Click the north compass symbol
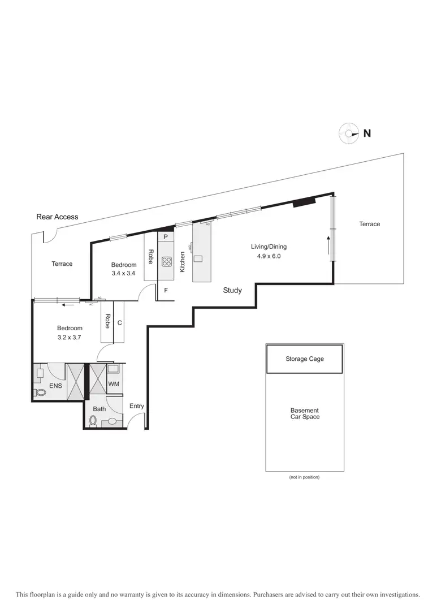[349, 133]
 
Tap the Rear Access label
[57, 217]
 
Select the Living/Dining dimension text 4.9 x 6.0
[269, 256]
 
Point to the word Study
[232, 290]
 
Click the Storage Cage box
[304, 359]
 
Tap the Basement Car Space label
[305, 414]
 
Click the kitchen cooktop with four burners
[167, 261]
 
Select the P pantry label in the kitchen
[166, 237]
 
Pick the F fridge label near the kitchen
[166, 291]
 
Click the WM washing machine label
[114, 383]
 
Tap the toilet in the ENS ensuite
[40, 392]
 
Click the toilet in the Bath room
[94, 421]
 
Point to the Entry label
[137, 406]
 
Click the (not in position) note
[304, 477]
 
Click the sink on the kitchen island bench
[197, 258]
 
